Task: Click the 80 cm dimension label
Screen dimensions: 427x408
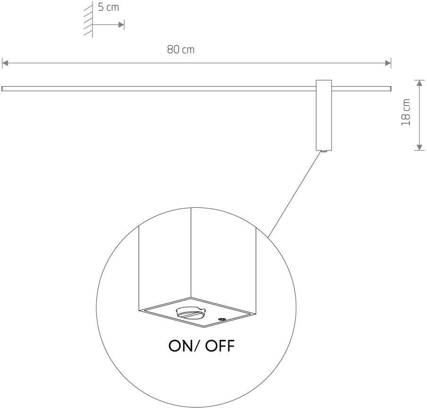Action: point(180,50)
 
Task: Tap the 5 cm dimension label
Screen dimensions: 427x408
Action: point(108,8)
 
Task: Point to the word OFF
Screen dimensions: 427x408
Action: point(217,346)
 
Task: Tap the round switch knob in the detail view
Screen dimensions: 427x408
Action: point(189,313)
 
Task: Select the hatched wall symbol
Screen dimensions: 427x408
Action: point(87,19)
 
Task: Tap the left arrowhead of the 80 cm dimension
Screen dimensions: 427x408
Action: point(5,62)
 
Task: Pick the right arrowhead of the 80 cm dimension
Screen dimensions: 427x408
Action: point(388,62)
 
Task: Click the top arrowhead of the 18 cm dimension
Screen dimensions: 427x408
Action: point(419,83)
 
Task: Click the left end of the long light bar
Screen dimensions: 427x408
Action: point(3,88)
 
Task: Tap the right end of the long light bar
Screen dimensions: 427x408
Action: point(390,88)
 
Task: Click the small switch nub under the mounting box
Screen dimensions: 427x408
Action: point(324,151)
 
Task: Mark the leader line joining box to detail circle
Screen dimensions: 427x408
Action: point(296,194)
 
